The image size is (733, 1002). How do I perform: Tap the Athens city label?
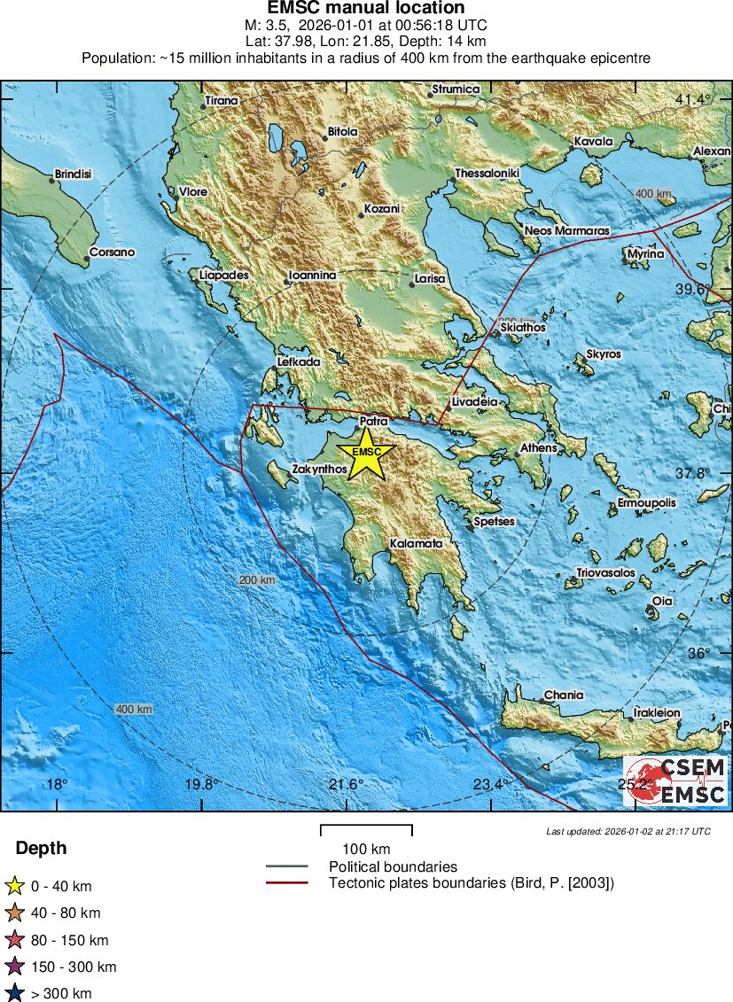(x=538, y=447)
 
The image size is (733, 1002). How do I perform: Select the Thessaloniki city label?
(x=487, y=174)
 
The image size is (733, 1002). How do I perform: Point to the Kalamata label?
(x=416, y=543)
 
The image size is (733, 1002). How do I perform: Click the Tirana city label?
(x=222, y=101)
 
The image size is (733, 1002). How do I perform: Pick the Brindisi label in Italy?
(x=73, y=175)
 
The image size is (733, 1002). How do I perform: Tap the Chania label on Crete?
(x=564, y=695)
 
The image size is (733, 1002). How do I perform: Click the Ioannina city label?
(x=312, y=276)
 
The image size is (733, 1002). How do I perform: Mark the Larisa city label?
(x=429, y=279)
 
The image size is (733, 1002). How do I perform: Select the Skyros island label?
(x=604, y=354)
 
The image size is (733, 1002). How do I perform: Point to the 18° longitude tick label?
(x=57, y=784)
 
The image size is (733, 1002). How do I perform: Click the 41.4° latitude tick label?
(x=692, y=99)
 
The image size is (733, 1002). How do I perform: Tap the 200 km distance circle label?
(x=257, y=579)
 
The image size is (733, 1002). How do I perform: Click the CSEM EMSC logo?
(x=675, y=781)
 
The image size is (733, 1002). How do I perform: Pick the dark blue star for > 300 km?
(x=14, y=993)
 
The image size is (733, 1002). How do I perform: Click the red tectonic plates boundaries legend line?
(x=286, y=882)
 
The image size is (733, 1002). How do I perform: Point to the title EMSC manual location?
(x=366, y=8)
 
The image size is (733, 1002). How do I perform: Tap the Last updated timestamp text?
(x=628, y=831)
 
